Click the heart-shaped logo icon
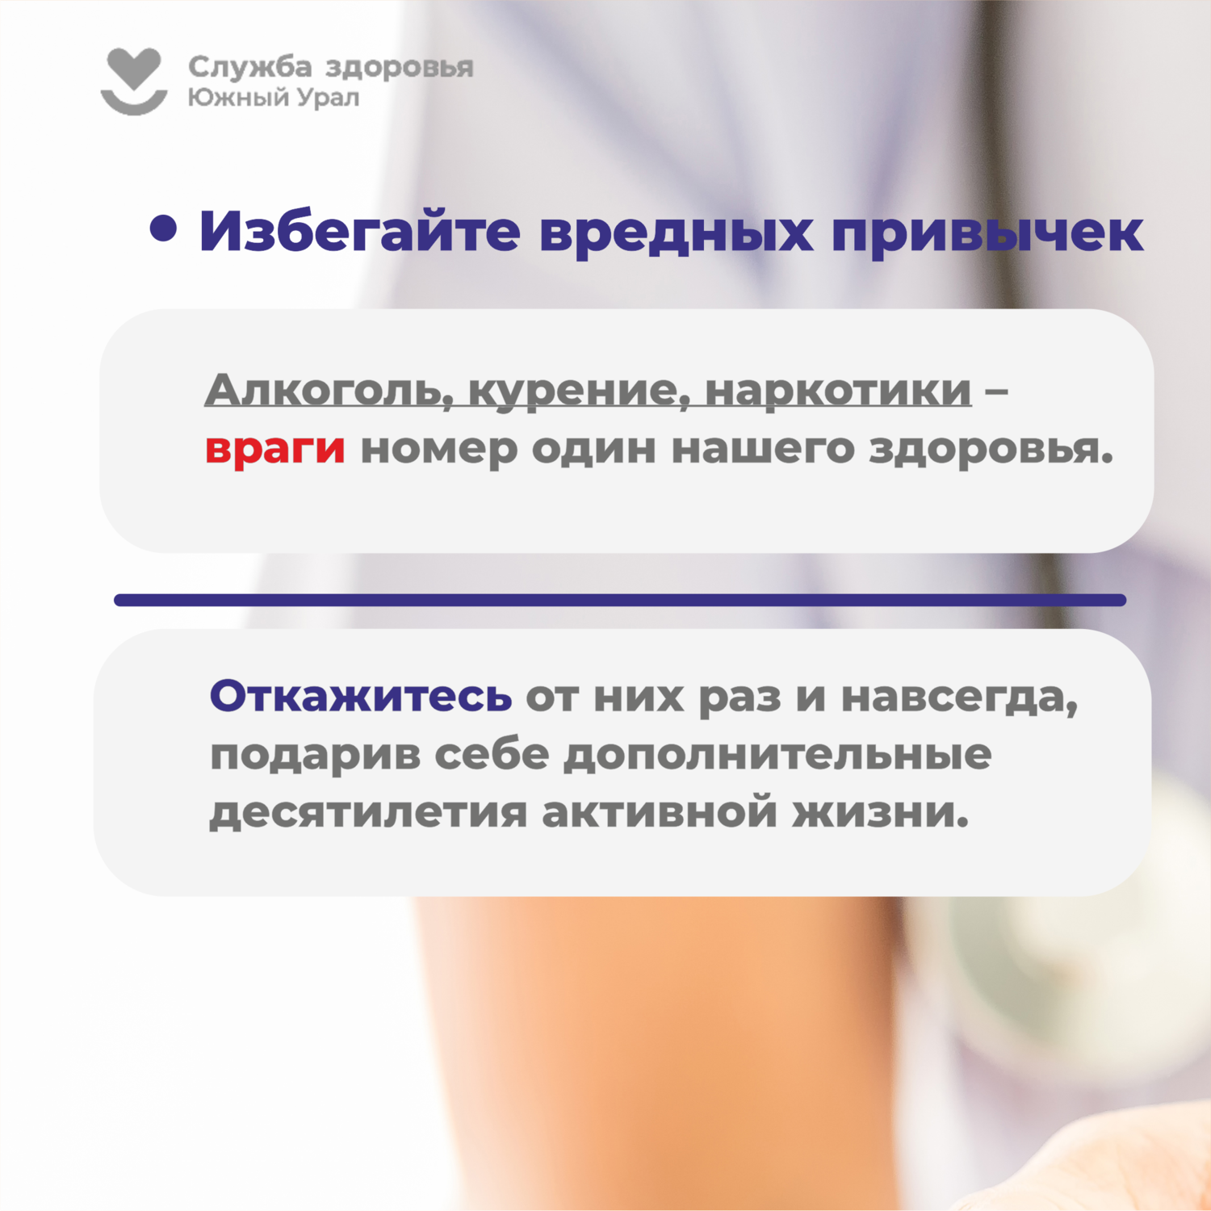point(134,81)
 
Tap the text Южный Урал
point(274,98)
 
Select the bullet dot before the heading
point(163,228)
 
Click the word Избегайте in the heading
point(360,232)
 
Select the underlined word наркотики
point(839,391)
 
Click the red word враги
point(275,449)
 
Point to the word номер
point(438,450)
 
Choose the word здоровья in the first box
point(991,450)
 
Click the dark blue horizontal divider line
point(620,600)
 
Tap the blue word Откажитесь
point(361,695)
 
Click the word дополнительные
point(777,755)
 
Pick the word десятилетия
point(368,812)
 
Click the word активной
point(660,812)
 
